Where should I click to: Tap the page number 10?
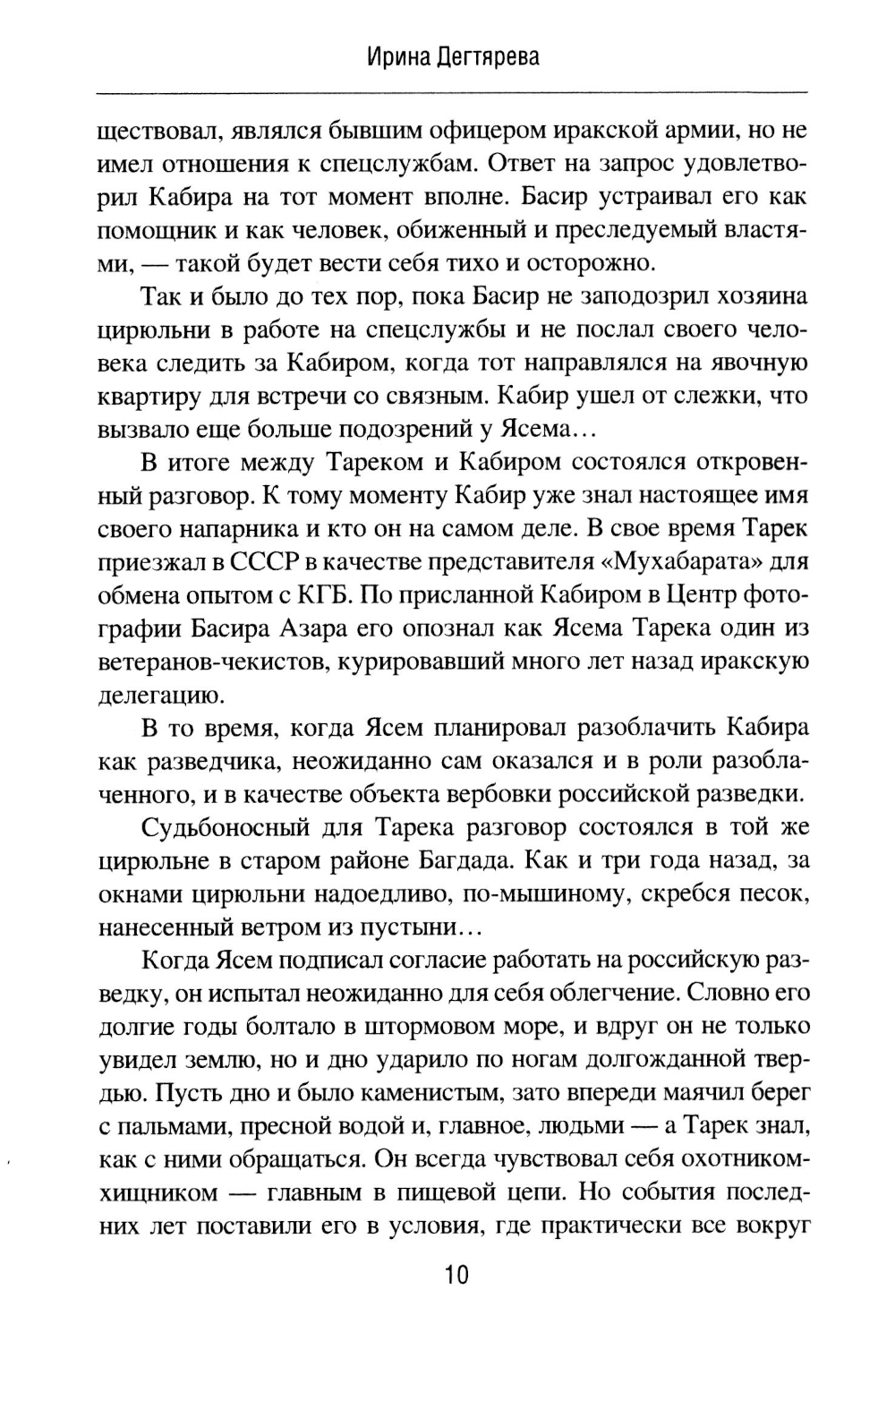pos(456,1275)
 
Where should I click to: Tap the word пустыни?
pos(417,927)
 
